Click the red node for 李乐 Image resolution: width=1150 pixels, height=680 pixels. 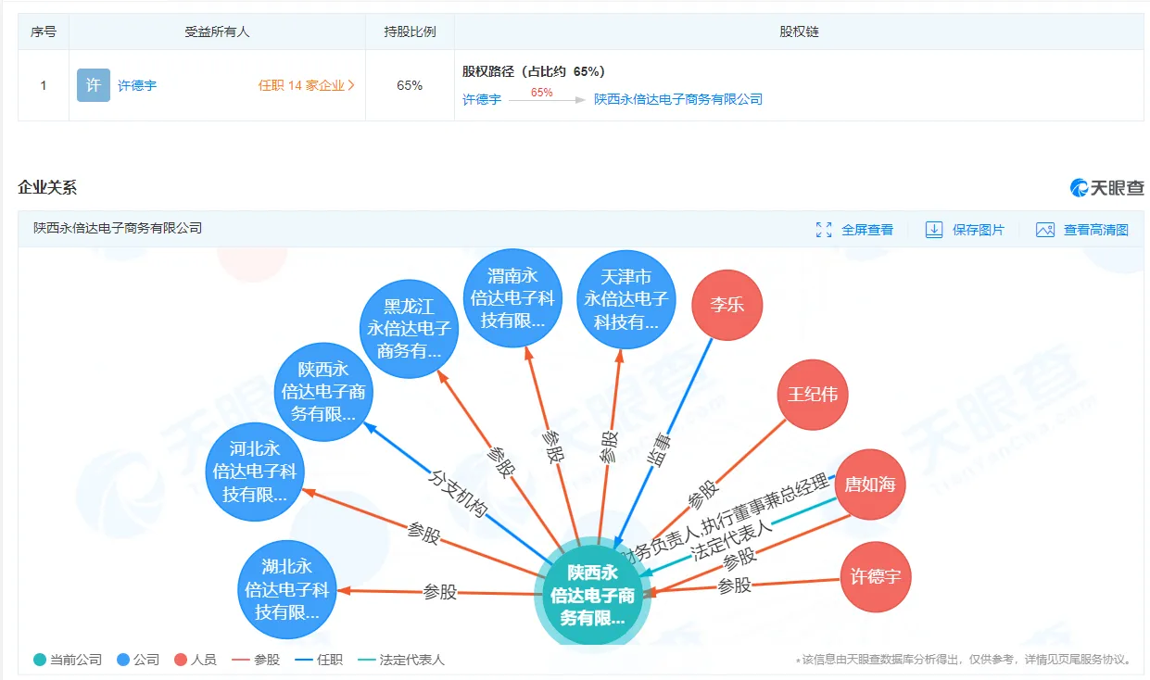point(727,305)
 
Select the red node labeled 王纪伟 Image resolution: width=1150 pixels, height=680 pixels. point(812,395)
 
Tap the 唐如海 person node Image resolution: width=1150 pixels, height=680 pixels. point(870,484)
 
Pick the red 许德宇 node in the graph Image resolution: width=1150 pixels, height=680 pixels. point(876,576)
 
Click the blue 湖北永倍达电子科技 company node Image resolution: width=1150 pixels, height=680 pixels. point(287,589)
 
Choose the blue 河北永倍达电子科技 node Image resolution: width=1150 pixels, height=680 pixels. point(255,472)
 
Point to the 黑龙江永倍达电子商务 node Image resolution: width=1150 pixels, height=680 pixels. point(409,329)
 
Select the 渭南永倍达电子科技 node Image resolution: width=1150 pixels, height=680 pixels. point(512,298)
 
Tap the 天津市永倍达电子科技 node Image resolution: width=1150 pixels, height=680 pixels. point(626,299)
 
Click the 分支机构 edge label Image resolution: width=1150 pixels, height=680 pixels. point(458,493)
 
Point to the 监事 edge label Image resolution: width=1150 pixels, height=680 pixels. point(658,449)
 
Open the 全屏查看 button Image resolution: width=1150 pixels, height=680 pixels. point(854,230)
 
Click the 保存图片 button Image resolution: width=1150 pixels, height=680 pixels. point(965,230)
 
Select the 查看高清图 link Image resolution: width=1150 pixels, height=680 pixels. point(1082,230)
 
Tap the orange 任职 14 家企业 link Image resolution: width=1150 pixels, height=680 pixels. point(307,85)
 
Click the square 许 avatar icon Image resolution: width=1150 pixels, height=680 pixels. point(94,85)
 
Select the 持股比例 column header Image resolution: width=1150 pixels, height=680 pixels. point(410,31)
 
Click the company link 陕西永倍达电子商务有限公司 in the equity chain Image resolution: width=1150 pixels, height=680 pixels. point(677,99)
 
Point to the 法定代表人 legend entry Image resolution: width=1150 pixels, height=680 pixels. point(401,660)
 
